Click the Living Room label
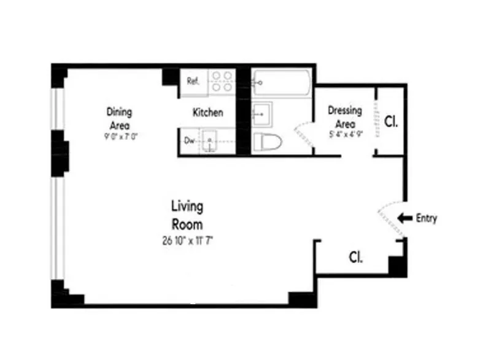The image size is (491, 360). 187,215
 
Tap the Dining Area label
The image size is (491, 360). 120,117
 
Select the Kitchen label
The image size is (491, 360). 208,113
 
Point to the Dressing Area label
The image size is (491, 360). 344,116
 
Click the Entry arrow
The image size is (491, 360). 405,218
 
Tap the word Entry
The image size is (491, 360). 427,218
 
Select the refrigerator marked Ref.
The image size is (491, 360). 193,81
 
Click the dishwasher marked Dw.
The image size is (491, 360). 190,140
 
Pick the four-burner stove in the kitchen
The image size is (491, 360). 222,82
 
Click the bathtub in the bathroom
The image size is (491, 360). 282,83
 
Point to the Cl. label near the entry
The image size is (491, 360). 355,256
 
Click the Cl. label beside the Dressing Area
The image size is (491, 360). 391,121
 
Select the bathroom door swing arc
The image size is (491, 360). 303,131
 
